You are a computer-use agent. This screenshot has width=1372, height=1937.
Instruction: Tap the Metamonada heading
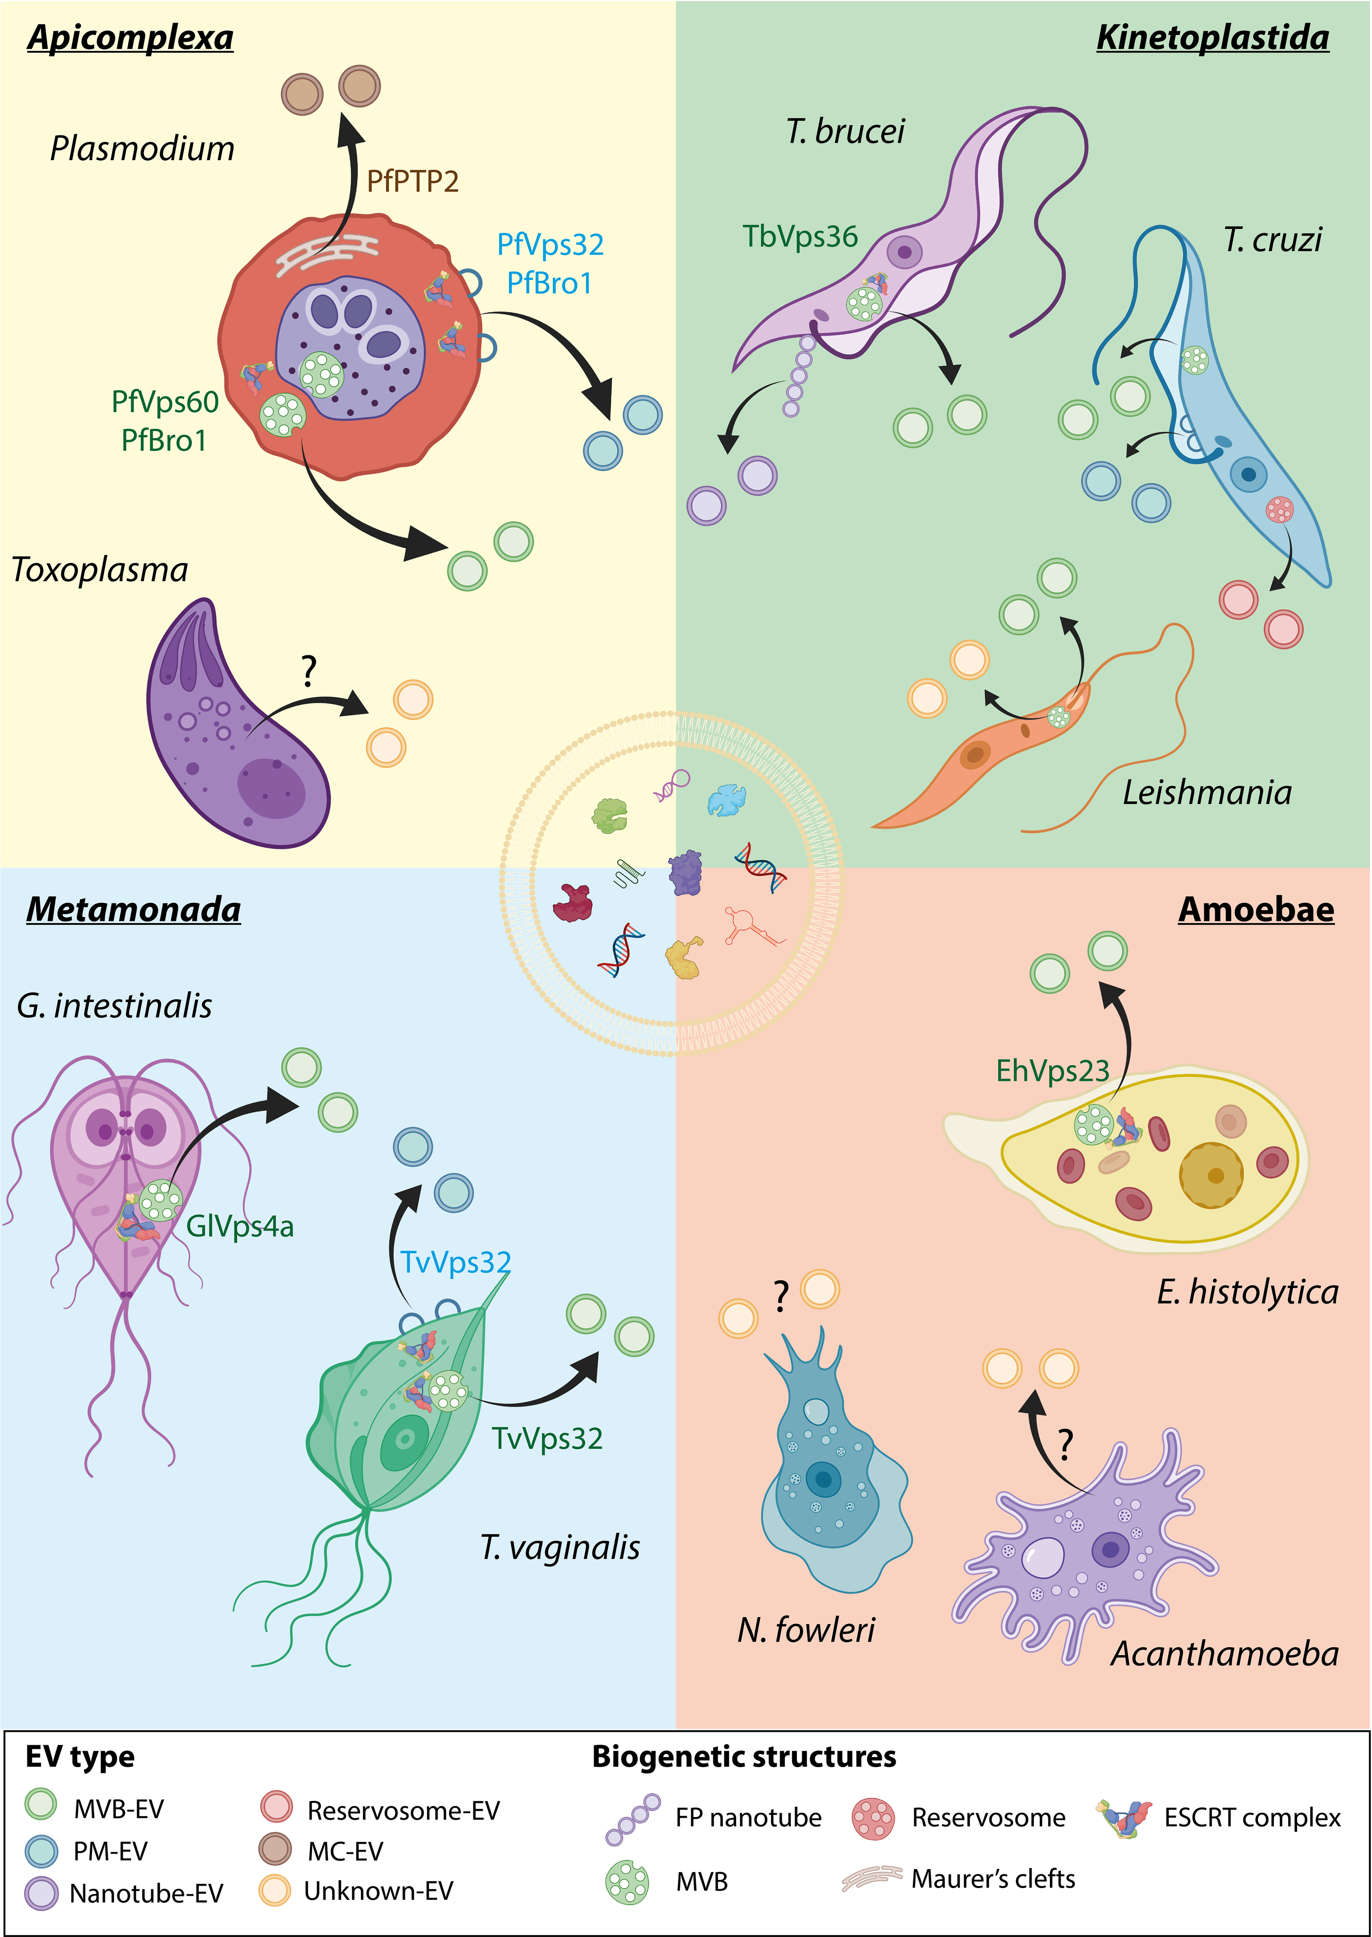tap(134, 910)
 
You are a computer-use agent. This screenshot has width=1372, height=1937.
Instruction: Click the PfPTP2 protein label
tap(412, 181)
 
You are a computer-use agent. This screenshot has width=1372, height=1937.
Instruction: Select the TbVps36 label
tap(800, 236)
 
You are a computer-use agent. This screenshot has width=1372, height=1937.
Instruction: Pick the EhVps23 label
tap(1052, 1071)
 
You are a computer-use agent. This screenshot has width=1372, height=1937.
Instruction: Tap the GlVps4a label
tap(240, 1226)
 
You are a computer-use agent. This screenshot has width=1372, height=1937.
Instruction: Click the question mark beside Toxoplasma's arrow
tap(309, 671)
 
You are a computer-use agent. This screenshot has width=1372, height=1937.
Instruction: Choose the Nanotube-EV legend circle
tap(42, 1893)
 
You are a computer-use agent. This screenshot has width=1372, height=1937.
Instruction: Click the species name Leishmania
tap(1207, 793)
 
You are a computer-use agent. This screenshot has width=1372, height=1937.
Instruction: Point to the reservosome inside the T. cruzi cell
tap(1279, 509)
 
